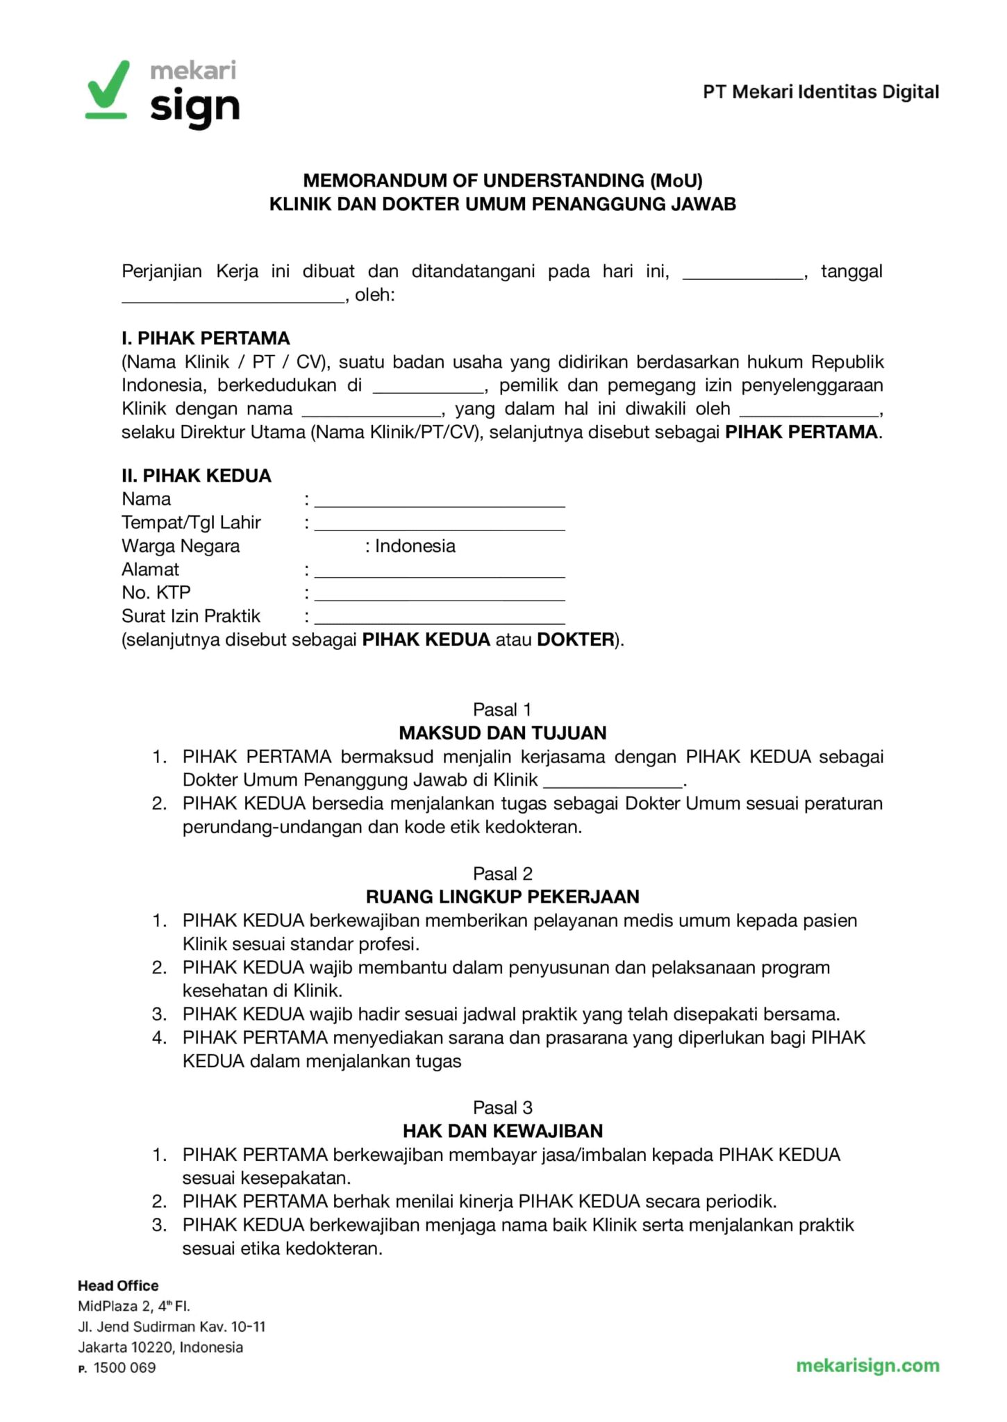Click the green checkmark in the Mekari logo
108,87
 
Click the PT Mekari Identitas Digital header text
821,92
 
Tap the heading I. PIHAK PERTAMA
206,338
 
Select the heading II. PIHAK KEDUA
197,476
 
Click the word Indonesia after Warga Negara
415,546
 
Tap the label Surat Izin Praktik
191,616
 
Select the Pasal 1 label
502,710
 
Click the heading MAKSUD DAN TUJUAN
503,733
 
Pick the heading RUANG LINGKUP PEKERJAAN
503,896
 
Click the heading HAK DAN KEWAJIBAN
503,1131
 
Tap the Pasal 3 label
502,1107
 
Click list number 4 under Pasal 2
160,1038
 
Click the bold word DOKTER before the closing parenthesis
575,639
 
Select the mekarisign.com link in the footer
867,1366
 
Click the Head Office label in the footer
118,1285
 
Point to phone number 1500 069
124,1368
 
